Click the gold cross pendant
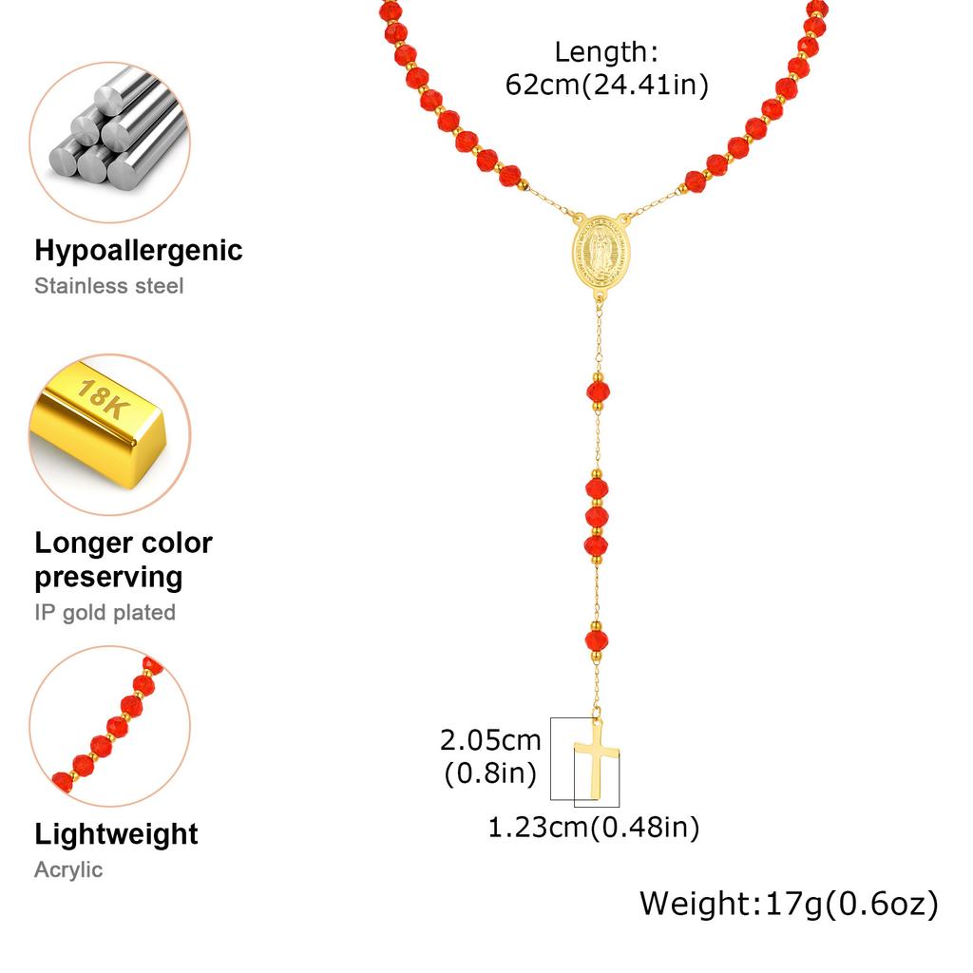(x=597, y=760)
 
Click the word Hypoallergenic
(x=139, y=251)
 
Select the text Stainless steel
(x=109, y=286)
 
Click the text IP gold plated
(x=105, y=613)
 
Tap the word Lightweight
(x=116, y=834)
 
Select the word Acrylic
(x=68, y=870)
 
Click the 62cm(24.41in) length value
(x=606, y=85)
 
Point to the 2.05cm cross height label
(x=490, y=740)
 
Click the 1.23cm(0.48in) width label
(x=594, y=828)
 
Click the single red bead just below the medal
(x=599, y=391)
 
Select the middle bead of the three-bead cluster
(x=597, y=517)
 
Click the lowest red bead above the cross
(x=597, y=640)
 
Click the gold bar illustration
(x=98, y=425)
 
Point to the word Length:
(x=606, y=52)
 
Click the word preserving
(x=108, y=578)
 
